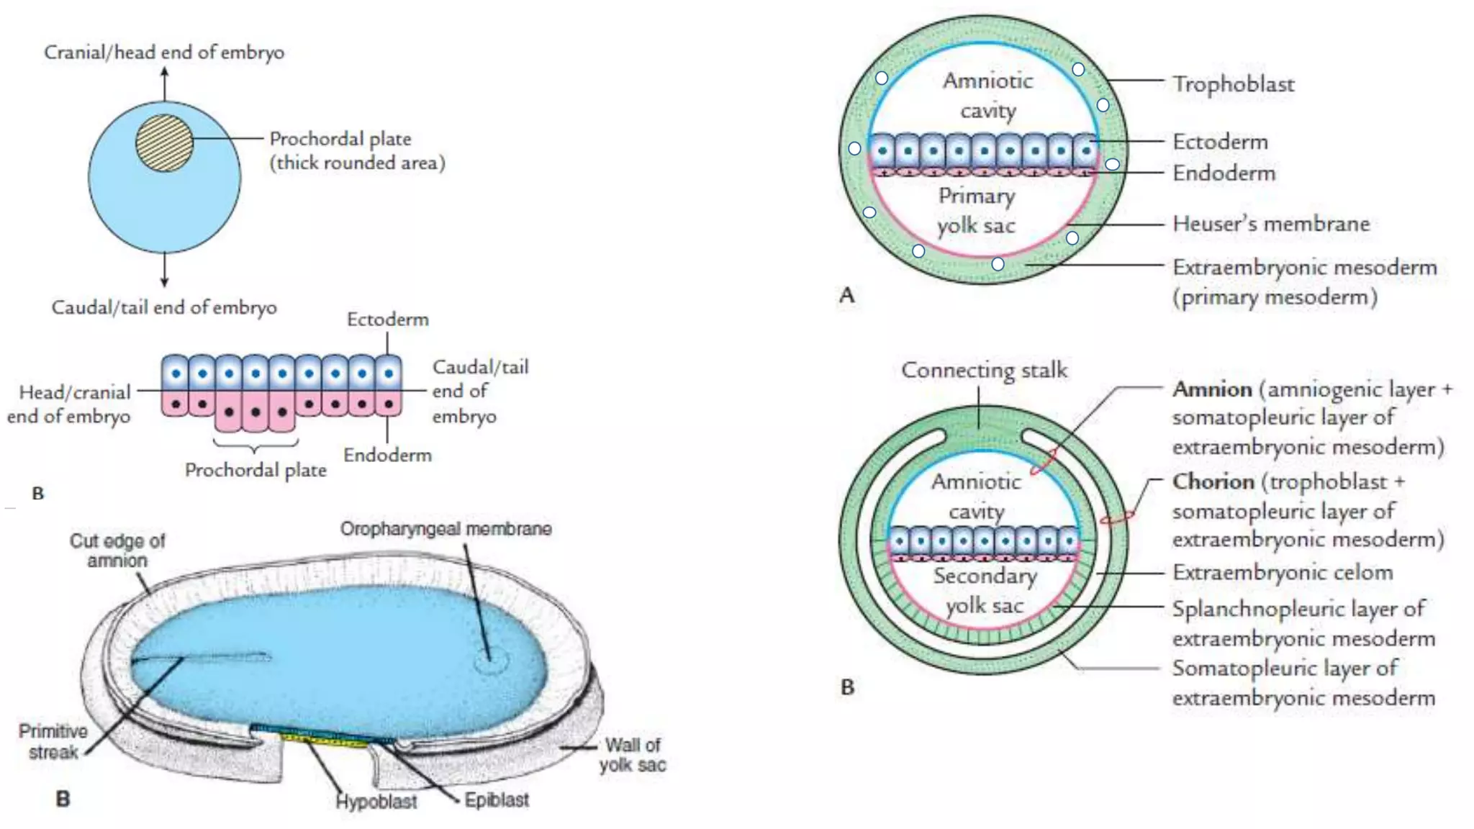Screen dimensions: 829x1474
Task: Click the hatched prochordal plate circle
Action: coord(165,143)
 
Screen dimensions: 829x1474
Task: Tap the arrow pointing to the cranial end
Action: coord(165,83)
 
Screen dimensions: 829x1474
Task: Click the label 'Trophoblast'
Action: coord(1233,84)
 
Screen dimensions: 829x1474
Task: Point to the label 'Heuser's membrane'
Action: coord(1270,224)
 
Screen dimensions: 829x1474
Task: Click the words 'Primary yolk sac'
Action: coord(976,210)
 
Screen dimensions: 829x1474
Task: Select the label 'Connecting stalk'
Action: coord(984,371)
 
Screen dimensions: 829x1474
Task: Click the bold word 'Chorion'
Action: coord(1213,481)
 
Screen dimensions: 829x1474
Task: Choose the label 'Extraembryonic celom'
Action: coord(1282,573)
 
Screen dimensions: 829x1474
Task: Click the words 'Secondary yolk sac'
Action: coord(985,590)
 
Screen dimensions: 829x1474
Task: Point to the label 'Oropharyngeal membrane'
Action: coord(446,529)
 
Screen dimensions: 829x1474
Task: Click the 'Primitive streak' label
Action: coord(53,742)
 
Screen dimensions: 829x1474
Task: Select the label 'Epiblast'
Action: coord(496,800)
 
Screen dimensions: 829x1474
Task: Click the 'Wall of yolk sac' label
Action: coord(632,755)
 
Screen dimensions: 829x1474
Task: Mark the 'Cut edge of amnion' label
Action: coord(117,551)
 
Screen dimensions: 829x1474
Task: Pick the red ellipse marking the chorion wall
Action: coord(1118,517)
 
